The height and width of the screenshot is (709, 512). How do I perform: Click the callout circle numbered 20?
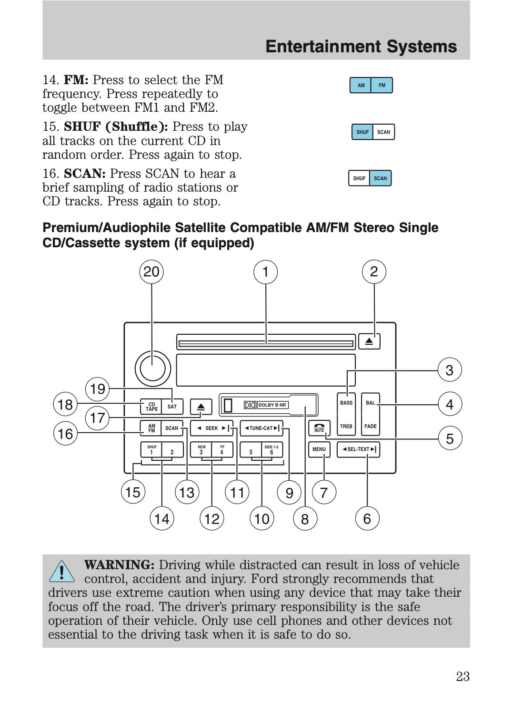[151, 272]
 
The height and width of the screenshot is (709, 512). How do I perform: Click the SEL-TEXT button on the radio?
[359, 449]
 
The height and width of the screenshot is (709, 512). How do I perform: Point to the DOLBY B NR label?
[272, 405]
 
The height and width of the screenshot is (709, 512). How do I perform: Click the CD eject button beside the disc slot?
[369, 341]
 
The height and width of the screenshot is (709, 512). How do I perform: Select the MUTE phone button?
[319, 427]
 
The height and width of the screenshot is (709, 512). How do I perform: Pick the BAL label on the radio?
[370, 403]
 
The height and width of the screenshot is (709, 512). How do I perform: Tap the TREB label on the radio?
[346, 427]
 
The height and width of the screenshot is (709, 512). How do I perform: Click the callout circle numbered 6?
[367, 519]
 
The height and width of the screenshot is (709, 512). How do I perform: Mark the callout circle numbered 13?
[187, 493]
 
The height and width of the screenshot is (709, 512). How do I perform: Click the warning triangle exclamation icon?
[62, 571]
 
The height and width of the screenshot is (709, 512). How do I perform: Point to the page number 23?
[462, 677]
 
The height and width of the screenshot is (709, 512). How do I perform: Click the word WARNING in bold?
[119, 565]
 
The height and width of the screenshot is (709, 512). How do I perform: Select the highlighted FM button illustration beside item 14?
[382, 86]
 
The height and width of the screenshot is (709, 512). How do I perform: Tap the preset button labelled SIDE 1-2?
[271, 450]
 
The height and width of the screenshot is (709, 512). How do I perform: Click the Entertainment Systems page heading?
[361, 47]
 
